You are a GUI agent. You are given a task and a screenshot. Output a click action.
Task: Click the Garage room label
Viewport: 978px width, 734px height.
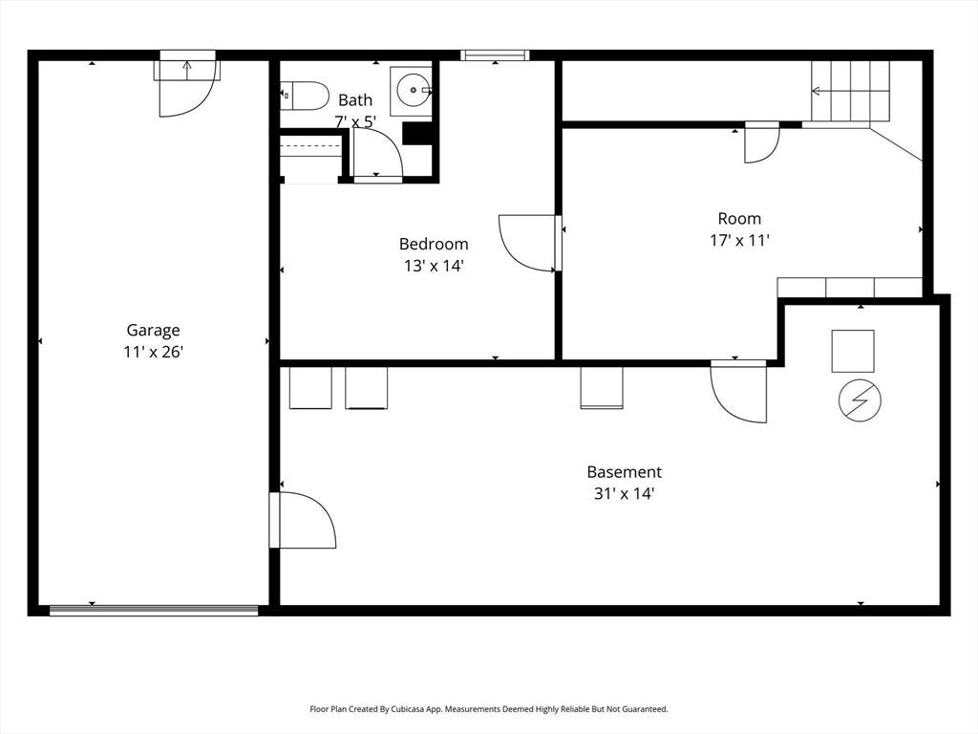coord(153,331)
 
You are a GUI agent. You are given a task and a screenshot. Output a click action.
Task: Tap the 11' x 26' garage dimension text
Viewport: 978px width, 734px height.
coord(153,352)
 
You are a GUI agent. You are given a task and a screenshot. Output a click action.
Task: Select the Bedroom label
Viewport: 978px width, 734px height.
coord(434,244)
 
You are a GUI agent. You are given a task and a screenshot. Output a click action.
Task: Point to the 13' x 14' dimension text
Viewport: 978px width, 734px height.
coord(434,266)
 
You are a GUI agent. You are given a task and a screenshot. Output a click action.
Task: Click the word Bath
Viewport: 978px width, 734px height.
coord(355,99)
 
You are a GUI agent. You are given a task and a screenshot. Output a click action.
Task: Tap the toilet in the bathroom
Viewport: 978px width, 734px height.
coord(305,96)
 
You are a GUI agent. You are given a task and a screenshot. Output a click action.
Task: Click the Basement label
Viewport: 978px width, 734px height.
coord(624,472)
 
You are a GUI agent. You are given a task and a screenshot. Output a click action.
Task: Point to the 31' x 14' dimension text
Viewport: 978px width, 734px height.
coord(624,494)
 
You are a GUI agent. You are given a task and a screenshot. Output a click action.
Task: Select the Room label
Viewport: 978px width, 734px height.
coord(739,219)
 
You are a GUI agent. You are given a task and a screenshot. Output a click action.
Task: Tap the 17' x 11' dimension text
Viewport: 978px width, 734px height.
coord(739,240)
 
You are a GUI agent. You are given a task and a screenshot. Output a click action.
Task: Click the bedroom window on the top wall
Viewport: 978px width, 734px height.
coord(496,54)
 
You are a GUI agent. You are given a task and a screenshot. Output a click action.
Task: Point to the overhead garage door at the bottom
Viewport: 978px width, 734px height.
coord(154,611)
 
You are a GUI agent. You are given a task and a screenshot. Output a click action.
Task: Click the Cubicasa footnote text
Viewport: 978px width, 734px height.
coord(489,709)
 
